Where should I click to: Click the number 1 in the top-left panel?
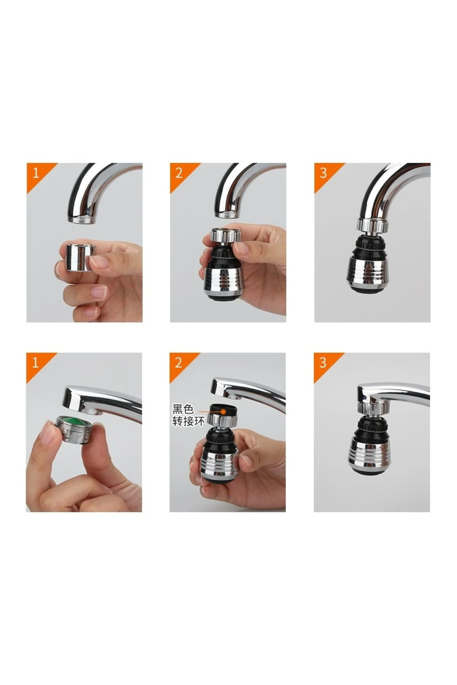point(36,173)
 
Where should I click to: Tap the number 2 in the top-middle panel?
point(179,173)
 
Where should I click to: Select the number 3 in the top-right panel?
point(323,173)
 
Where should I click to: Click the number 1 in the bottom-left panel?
point(35,362)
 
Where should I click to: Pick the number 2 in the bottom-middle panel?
point(179,362)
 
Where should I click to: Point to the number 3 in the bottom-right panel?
point(323,362)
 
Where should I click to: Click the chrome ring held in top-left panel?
point(76,258)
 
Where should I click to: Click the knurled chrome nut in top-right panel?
point(372,225)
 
